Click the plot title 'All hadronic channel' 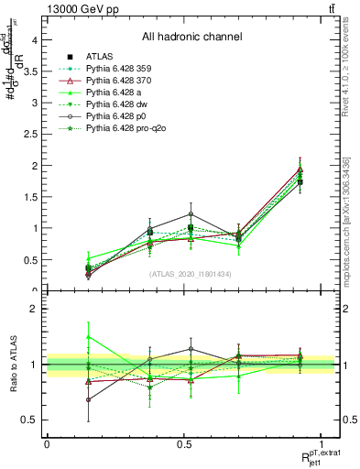click(191, 37)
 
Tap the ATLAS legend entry click(102, 57)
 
